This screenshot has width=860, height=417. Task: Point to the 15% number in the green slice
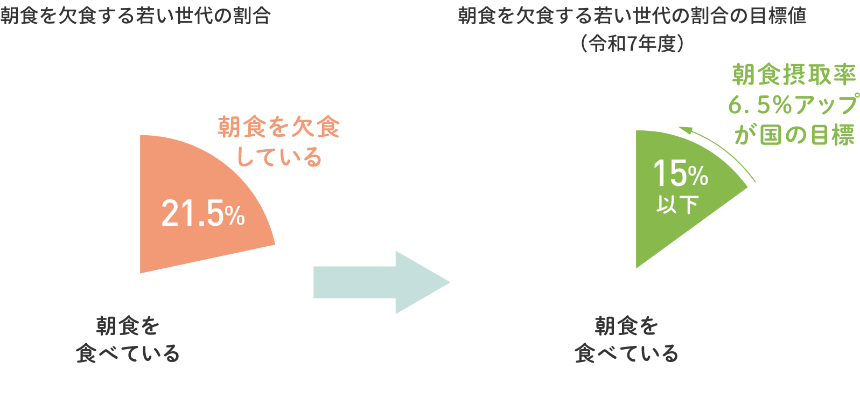(680, 174)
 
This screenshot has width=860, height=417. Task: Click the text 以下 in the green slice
(677, 204)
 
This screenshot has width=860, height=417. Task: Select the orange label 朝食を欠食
(279, 127)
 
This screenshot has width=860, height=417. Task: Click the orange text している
(279, 157)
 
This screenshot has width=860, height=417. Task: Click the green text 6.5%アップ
(793, 105)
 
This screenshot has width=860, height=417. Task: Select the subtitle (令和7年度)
(632, 44)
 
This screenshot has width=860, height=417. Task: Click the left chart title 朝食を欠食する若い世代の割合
(135, 16)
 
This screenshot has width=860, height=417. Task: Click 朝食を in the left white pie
(128, 325)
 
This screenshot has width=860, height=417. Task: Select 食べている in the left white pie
(128, 353)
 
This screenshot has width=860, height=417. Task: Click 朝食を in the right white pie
(626, 325)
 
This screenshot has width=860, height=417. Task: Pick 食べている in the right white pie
(626, 353)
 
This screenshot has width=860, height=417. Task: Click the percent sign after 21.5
(235, 217)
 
